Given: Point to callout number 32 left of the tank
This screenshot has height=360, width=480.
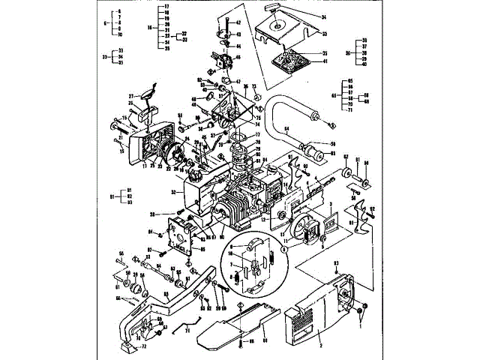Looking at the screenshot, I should [x=173, y=193].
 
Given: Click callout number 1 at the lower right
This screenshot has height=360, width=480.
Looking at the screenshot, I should [x=360, y=325].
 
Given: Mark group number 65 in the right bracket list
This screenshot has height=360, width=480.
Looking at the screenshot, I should [x=334, y=95].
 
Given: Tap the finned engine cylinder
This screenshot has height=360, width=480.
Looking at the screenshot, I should [x=239, y=205].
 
